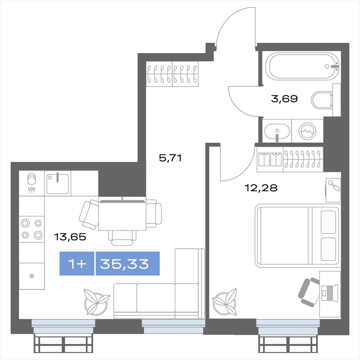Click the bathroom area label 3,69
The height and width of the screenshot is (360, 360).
[x=284, y=99]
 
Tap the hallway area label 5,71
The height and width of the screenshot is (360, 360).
[x=171, y=158]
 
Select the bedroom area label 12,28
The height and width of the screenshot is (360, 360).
[x=261, y=188]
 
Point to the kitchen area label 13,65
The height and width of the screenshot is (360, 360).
[x=70, y=237]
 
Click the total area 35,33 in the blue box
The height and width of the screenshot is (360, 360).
[x=124, y=264]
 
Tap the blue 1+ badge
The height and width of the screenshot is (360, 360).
[x=77, y=264]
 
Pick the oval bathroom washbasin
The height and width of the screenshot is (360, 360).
[x=277, y=132]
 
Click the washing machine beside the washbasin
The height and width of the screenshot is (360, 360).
[x=307, y=131]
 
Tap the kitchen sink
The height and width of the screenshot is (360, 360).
[x=58, y=184]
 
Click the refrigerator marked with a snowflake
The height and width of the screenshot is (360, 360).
[x=32, y=276]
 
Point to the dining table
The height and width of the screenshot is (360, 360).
[x=122, y=215]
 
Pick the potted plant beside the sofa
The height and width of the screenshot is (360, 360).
[x=96, y=302]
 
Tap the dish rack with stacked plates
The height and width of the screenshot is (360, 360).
[x=32, y=183]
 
